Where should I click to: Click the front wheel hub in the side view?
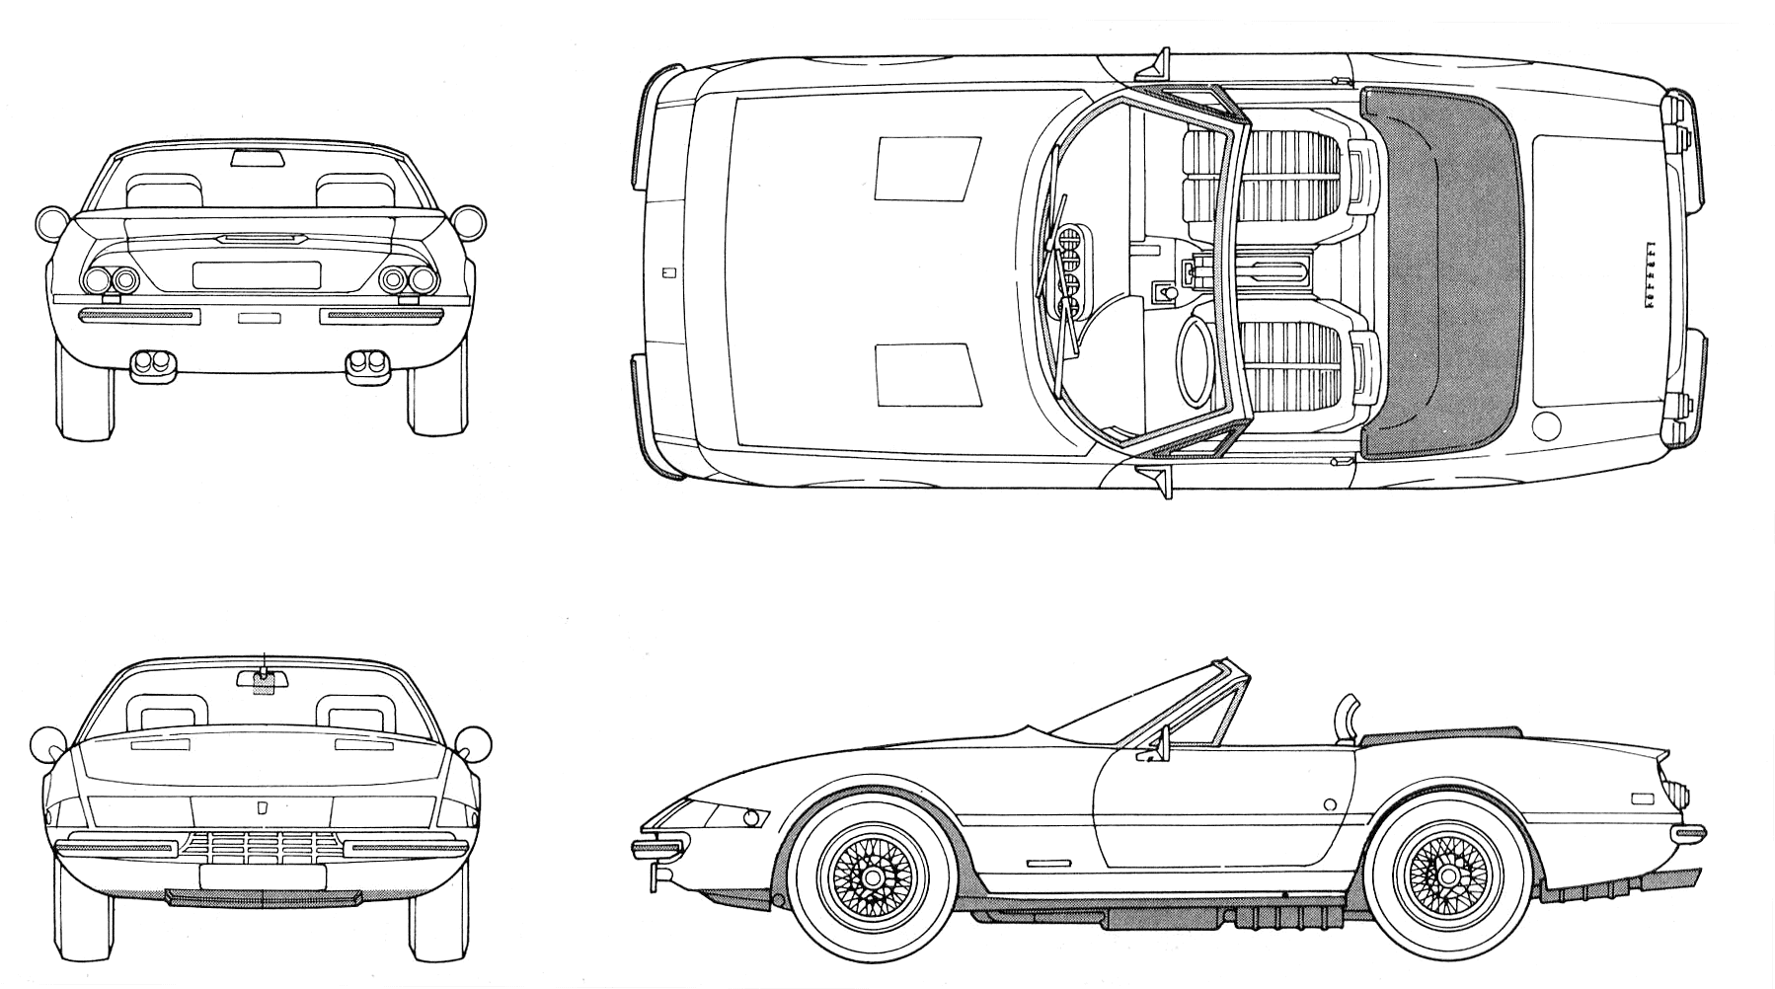point(872,875)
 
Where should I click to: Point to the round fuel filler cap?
point(1549,426)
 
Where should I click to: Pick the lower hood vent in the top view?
point(927,375)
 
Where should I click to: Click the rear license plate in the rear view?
point(257,275)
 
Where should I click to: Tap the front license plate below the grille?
point(263,876)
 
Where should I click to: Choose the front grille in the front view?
point(262,846)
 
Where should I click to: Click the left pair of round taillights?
point(111,280)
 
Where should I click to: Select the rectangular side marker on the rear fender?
point(1643,798)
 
